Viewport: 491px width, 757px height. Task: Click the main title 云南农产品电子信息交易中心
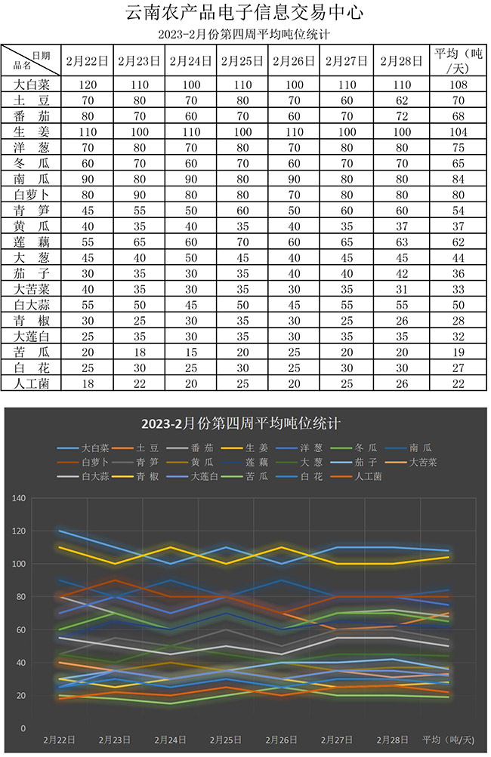[x=245, y=14]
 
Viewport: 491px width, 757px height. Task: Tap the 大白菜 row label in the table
[x=32, y=85]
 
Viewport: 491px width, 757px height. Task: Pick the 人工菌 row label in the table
[x=32, y=383]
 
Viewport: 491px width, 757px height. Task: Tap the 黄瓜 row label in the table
[x=32, y=225]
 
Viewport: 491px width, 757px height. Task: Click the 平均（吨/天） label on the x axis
[x=448, y=739]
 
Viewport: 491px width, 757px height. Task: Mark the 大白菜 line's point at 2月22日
[x=59, y=531]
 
